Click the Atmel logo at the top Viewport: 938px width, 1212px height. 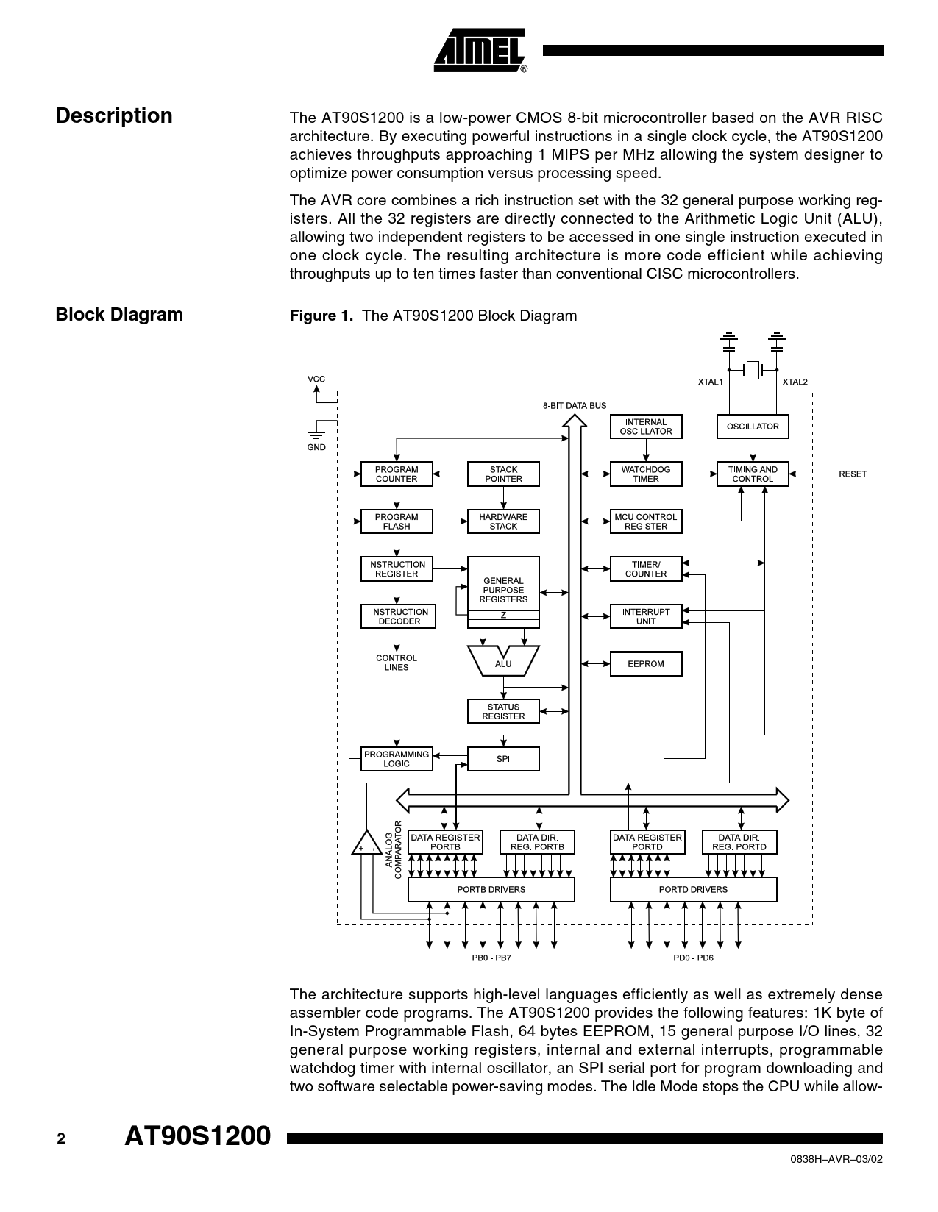coord(480,51)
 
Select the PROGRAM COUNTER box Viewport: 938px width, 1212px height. coord(397,474)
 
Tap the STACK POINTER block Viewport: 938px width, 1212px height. coord(503,474)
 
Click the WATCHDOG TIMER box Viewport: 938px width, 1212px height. coord(646,474)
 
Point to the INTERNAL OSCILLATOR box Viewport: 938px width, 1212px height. coord(646,427)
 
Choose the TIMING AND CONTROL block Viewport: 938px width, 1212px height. coord(753,474)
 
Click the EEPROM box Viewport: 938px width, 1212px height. coord(646,664)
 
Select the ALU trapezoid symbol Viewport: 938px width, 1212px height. coord(503,662)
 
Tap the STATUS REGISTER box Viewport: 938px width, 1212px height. coord(503,711)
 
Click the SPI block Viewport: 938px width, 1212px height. coord(503,759)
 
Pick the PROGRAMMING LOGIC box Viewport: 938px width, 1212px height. coord(397,759)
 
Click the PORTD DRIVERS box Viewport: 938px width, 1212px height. coord(693,890)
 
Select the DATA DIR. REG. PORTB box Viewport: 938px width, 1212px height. coord(537,842)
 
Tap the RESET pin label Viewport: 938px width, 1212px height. coord(853,474)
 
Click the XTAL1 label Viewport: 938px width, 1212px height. coord(710,382)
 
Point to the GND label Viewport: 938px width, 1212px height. coord(316,447)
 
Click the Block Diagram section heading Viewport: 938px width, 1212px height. coord(119,315)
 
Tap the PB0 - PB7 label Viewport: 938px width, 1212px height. coord(491,958)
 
